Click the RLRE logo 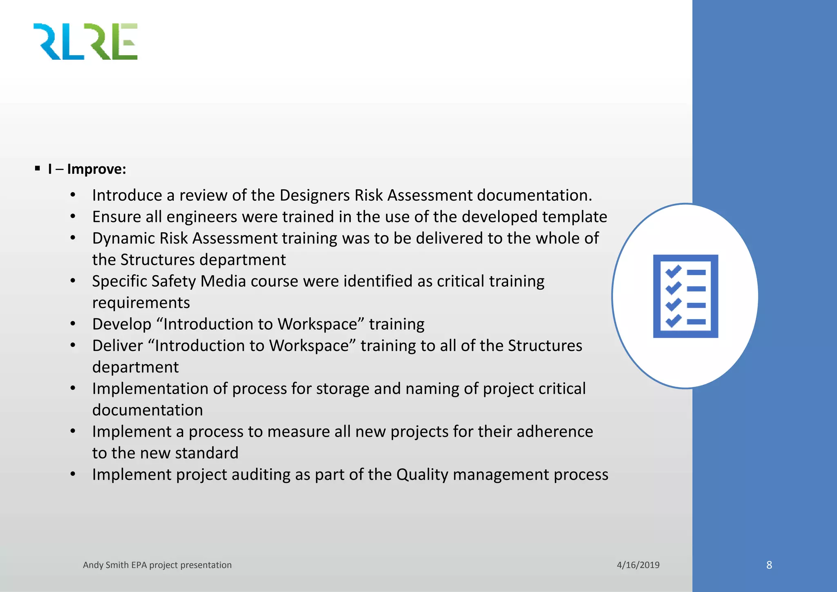click(85, 42)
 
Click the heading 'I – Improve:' click(87, 169)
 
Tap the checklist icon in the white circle click(685, 296)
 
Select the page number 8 click(769, 565)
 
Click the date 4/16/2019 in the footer click(638, 565)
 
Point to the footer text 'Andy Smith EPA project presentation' click(157, 565)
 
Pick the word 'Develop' click(122, 324)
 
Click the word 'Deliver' click(117, 346)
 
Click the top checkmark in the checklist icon click(673, 271)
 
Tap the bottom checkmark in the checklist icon click(673, 321)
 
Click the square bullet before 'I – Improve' click(38, 168)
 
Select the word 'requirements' click(141, 303)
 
